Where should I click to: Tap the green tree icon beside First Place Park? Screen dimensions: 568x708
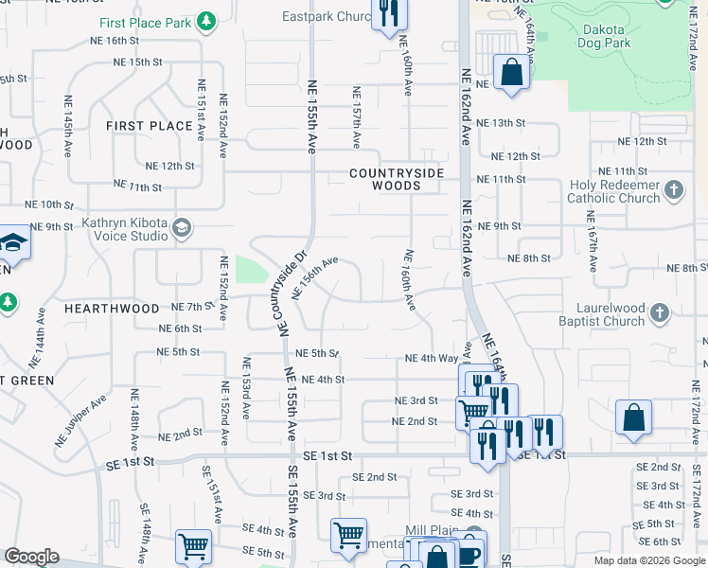point(206,22)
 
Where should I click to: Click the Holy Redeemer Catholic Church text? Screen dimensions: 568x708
point(613,192)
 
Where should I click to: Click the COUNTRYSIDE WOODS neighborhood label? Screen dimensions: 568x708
point(397,180)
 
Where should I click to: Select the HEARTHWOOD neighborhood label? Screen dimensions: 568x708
point(112,309)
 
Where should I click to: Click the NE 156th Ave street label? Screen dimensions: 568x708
point(315,276)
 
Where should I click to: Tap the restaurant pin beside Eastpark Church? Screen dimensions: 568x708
point(388,13)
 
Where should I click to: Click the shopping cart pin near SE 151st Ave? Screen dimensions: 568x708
point(192,545)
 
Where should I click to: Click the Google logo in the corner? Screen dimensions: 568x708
point(30,558)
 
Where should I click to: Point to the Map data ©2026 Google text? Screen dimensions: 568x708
point(648,560)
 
